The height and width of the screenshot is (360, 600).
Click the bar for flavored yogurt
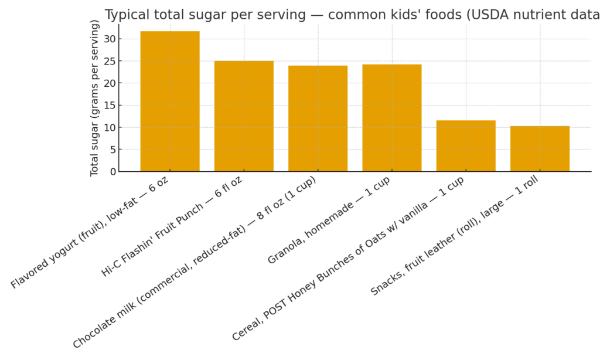point(170,101)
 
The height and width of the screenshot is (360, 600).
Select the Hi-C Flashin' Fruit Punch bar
point(244,116)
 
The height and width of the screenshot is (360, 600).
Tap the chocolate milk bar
point(318,118)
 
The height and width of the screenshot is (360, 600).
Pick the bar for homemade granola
point(391,118)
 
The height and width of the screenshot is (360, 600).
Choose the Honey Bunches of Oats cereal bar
point(466,146)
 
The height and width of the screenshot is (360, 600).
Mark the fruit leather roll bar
point(540,149)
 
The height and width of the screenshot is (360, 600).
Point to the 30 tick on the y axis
point(109,39)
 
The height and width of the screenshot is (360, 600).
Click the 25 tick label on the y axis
point(109,61)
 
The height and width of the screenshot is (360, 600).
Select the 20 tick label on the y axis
point(109,83)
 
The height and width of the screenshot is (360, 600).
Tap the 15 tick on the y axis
point(109,106)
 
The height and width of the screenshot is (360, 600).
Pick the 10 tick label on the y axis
point(109,127)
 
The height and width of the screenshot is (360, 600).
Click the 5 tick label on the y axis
point(112,150)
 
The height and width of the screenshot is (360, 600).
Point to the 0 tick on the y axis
point(112,172)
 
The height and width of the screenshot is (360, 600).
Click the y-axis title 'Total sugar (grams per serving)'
point(95,98)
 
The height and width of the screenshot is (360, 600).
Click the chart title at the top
point(352,15)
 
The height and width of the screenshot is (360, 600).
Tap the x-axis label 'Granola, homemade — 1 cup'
point(329,220)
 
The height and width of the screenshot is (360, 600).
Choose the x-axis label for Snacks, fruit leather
point(455,237)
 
